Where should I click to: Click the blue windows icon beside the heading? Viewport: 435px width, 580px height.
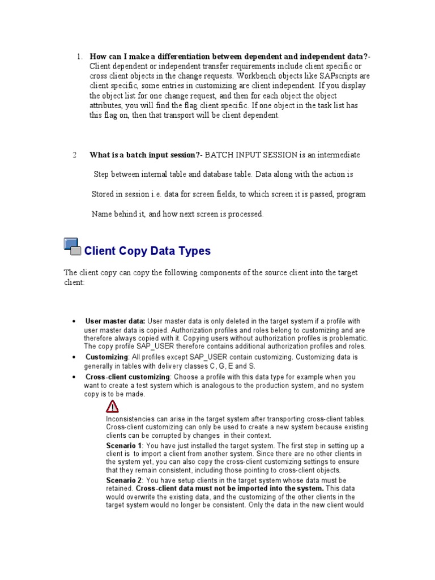click(71, 247)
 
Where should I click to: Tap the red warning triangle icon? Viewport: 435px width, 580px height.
click(112, 406)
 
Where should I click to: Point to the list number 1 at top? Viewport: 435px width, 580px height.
click(79, 56)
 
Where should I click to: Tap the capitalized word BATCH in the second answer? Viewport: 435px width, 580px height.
click(219, 155)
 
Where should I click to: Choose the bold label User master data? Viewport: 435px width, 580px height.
click(116, 321)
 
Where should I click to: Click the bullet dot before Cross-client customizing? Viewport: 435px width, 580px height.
click(74, 377)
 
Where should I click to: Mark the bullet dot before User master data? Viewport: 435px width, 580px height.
click(74, 322)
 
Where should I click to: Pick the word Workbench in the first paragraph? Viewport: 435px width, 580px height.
click(257, 75)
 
